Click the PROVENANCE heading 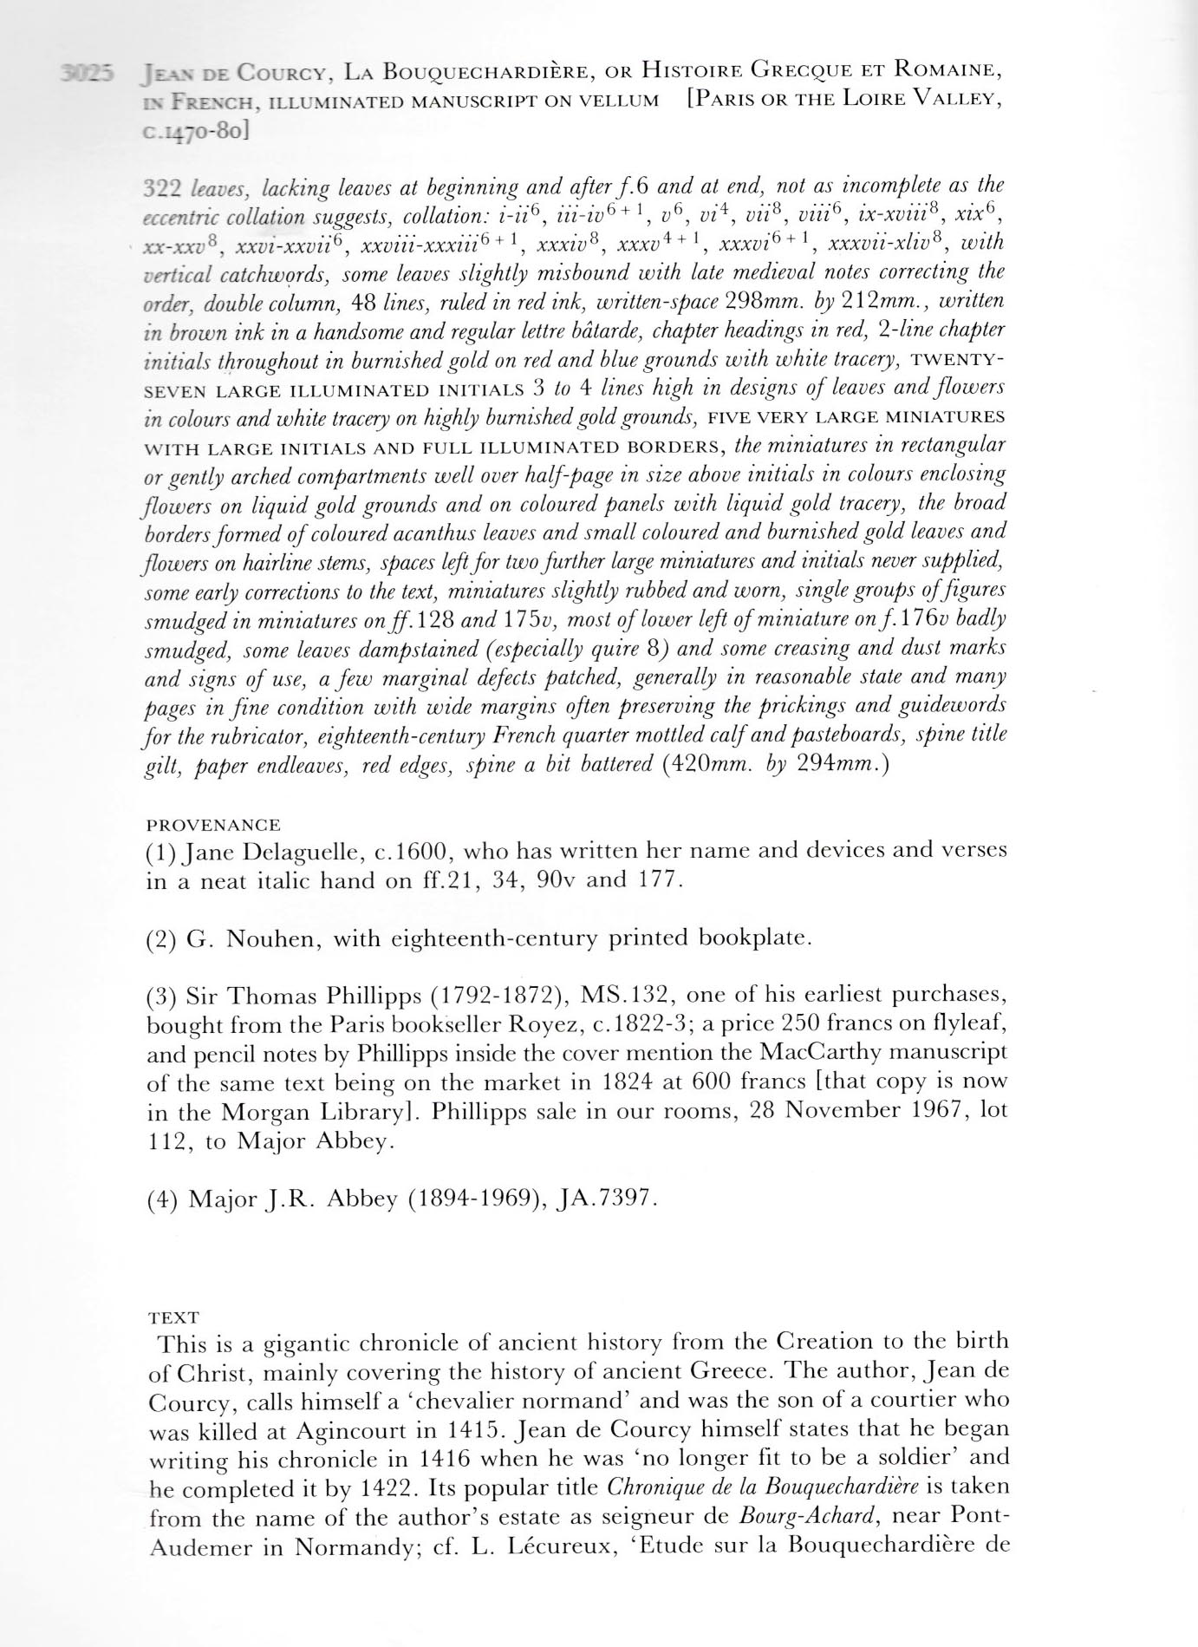(213, 825)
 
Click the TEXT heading (173, 1317)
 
